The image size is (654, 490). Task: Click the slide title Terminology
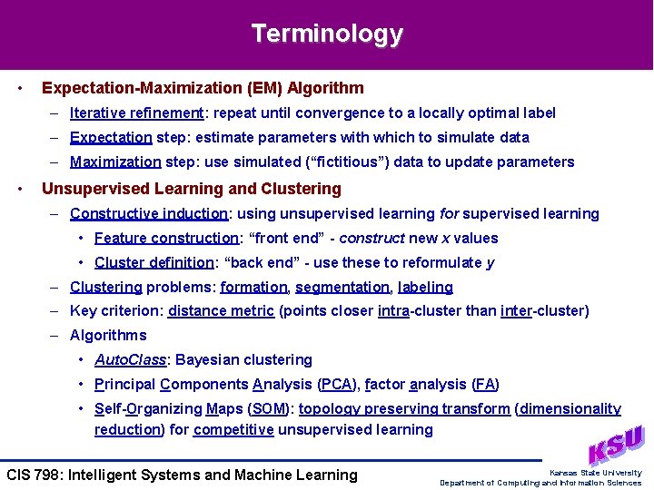(327, 34)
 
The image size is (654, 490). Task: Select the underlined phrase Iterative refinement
(136, 113)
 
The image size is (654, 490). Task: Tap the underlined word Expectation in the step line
(111, 138)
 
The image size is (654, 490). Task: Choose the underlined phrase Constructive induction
(149, 214)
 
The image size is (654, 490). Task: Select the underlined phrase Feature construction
(165, 239)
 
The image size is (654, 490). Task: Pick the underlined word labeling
(425, 288)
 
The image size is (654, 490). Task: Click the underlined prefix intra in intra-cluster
(393, 311)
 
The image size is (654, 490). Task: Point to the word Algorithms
(108, 336)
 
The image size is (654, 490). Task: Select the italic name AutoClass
(130, 360)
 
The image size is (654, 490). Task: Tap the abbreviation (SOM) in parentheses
(269, 409)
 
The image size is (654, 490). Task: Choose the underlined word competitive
(233, 430)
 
